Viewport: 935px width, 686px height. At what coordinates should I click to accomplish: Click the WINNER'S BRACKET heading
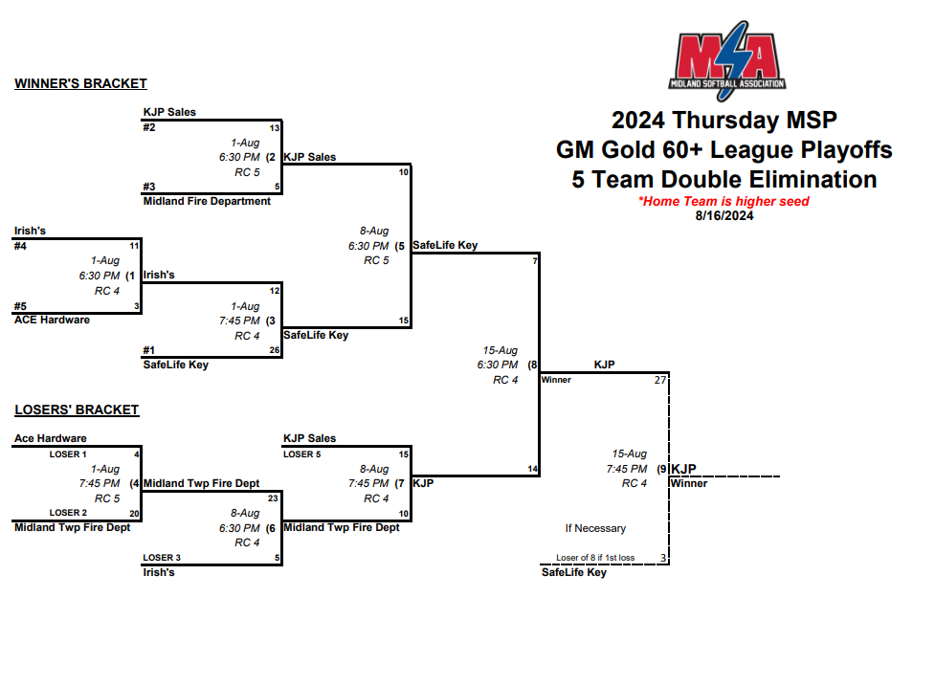pos(80,84)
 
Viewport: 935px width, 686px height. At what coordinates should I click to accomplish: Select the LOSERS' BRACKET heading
pos(77,410)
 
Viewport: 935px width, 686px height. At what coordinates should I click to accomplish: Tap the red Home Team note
pos(724,202)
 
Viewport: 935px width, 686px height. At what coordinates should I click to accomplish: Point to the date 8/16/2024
pos(724,215)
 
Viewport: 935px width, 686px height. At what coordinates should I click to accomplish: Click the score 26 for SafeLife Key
pos(274,350)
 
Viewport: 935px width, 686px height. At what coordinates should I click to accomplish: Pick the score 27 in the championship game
pos(659,380)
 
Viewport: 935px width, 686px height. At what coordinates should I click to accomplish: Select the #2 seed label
pos(149,127)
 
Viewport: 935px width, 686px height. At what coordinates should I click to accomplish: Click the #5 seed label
pos(20,306)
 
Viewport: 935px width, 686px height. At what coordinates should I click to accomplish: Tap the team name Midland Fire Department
pos(207,201)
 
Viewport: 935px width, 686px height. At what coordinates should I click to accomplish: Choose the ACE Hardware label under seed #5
pos(52,320)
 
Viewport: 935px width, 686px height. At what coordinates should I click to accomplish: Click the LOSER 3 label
pos(162,558)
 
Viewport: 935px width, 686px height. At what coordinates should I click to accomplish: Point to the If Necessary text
pos(595,528)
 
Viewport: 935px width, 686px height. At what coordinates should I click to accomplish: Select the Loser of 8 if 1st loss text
pos(595,558)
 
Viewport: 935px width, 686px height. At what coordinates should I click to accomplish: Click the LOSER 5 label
pos(302,454)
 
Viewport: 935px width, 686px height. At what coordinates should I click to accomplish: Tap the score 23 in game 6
pos(273,498)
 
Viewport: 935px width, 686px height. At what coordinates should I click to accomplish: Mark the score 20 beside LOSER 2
pos(135,514)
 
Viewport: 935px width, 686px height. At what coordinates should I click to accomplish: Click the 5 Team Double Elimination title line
pos(724,180)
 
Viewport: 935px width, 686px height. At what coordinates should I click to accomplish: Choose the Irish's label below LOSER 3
pos(159,572)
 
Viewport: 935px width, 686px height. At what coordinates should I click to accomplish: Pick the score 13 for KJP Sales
pos(274,127)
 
